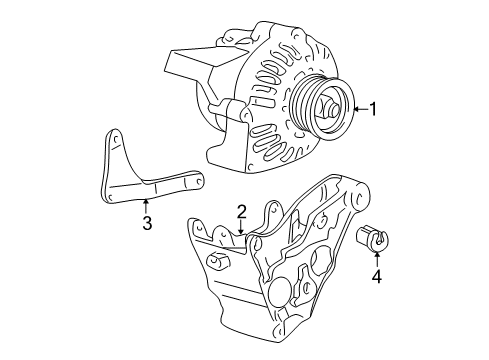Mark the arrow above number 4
(x=377, y=257)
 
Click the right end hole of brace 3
(x=197, y=181)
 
